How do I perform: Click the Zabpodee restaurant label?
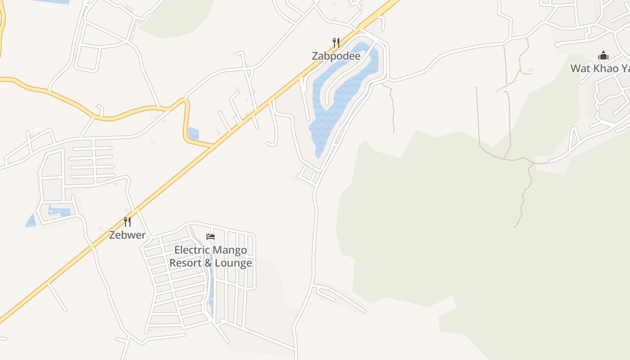tap(336, 56)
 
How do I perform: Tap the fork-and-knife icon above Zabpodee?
tap(336, 43)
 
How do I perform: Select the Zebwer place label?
tap(127, 235)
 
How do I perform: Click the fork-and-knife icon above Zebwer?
tap(127, 221)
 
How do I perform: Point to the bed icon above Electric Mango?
tap(210, 236)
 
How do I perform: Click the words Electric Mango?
tap(211, 250)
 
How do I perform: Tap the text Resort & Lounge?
tap(211, 263)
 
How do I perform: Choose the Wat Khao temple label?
tap(600, 68)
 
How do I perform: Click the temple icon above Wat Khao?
tap(603, 56)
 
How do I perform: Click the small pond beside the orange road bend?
tap(193, 134)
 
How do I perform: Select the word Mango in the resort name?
tap(229, 250)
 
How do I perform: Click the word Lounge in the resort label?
tap(233, 263)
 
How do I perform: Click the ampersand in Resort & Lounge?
tap(208, 263)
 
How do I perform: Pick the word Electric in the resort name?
tap(192, 250)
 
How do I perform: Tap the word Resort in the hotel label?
tap(186, 263)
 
